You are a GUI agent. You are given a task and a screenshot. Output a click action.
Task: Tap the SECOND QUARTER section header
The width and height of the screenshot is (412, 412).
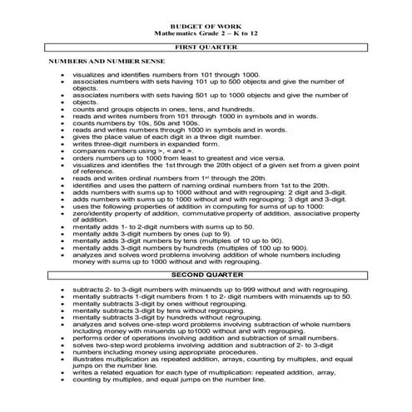coord(206,273)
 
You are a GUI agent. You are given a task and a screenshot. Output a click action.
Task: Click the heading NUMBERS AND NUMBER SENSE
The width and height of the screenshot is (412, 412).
coord(94,62)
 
